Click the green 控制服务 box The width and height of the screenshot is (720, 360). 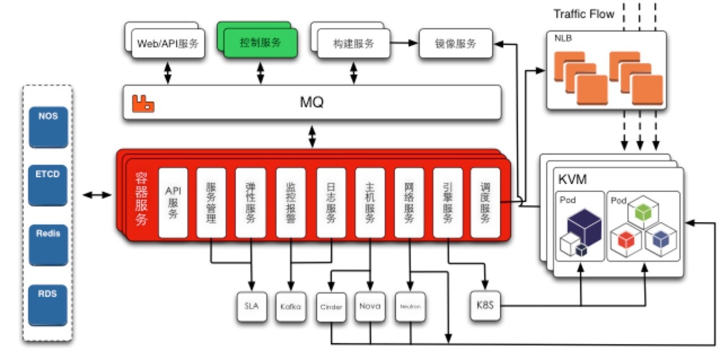click(x=260, y=43)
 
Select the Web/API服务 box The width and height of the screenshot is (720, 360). click(x=168, y=43)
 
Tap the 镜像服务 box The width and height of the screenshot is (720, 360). click(x=456, y=43)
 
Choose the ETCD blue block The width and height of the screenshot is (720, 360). click(x=48, y=174)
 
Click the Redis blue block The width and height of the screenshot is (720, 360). click(x=48, y=234)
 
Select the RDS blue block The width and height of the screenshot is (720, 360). click(x=48, y=293)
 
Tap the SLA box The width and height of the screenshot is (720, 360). click(x=251, y=307)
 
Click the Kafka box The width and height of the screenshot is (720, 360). click(x=291, y=307)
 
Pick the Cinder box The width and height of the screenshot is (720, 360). click(x=331, y=307)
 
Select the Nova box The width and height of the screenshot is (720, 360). click(x=370, y=307)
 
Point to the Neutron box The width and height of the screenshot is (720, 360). click(x=408, y=307)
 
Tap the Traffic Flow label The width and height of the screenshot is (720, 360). click(x=584, y=14)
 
